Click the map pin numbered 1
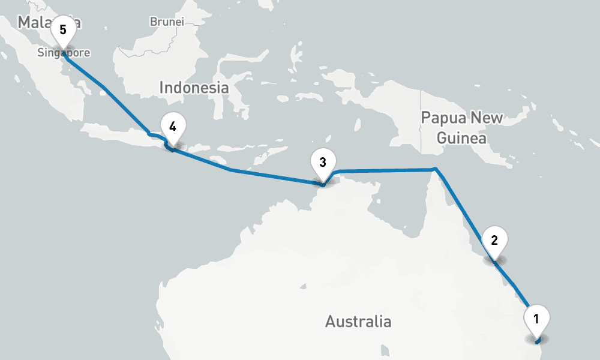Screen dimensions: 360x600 pyautogui.click(x=536, y=319)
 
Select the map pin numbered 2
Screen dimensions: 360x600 pyautogui.click(x=494, y=241)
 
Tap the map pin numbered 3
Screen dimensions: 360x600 pyautogui.click(x=323, y=163)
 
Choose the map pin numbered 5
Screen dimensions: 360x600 pyautogui.click(x=63, y=31)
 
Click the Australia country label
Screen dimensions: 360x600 pyautogui.click(x=358, y=322)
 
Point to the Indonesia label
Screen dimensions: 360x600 pyautogui.click(x=194, y=88)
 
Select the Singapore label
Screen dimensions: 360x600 pyautogui.click(x=64, y=53)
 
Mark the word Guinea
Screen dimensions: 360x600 pyautogui.click(x=461, y=139)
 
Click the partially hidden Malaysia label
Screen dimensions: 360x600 pyautogui.click(x=36, y=23)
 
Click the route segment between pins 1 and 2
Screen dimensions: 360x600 pyautogui.click(x=515, y=286)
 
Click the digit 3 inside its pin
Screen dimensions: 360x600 pyautogui.click(x=323, y=162)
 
